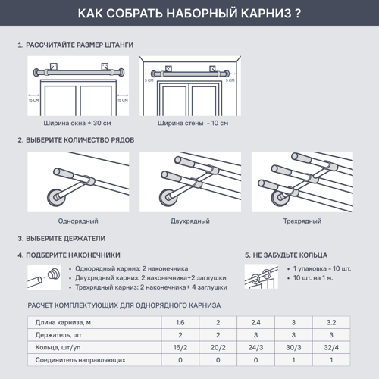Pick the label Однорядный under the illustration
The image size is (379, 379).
tap(81, 221)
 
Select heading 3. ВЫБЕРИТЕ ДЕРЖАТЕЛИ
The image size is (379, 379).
tap(61, 238)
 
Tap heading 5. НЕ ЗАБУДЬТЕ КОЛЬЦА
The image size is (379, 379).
tap(285, 255)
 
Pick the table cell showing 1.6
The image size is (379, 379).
tap(180, 323)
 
